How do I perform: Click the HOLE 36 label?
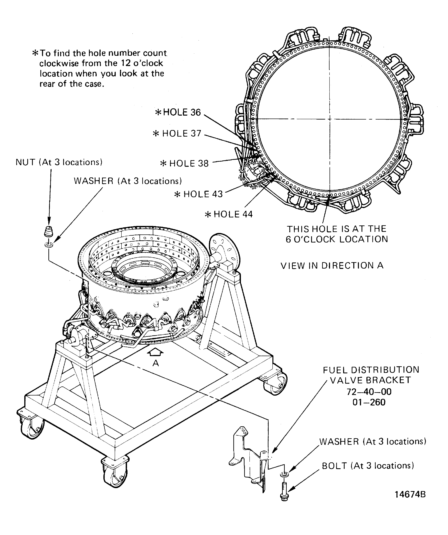(x=178, y=112)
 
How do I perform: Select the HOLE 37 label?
(x=177, y=133)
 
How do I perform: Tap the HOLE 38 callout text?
(x=184, y=163)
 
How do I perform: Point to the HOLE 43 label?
(x=198, y=194)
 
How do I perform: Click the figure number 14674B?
(x=410, y=495)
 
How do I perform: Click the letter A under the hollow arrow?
(x=156, y=363)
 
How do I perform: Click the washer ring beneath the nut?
(x=49, y=245)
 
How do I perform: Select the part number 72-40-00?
(x=369, y=392)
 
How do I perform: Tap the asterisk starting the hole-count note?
(x=35, y=53)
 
